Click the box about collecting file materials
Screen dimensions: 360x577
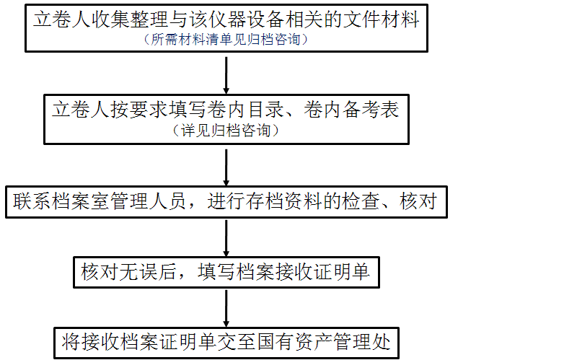pos(226,28)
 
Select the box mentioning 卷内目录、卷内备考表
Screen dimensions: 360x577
pos(226,118)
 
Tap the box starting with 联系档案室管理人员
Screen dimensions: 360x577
pos(226,201)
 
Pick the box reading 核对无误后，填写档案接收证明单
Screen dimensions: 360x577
pos(226,272)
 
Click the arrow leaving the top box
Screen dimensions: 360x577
pos(226,74)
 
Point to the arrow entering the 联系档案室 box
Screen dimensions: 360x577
pos(226,167)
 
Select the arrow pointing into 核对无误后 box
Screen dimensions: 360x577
pos(226,237)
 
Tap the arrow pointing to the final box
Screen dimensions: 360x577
pos(226,307)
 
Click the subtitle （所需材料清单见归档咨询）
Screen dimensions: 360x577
pos(226,40)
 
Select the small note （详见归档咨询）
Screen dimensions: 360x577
pos(226,131)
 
